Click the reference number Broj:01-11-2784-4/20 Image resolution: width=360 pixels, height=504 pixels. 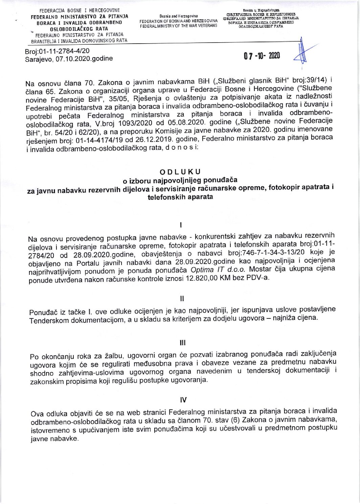click(57, 51)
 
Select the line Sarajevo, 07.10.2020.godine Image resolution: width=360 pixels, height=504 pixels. click(69, 58)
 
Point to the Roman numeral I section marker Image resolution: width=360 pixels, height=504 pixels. click(182, 224)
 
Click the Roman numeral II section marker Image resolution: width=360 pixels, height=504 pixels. click(182, 299)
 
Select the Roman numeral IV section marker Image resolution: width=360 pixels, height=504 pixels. click(183, 400)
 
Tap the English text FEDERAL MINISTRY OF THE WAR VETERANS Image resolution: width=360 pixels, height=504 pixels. click(178, 25)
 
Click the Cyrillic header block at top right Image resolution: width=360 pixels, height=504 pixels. click(260, 21)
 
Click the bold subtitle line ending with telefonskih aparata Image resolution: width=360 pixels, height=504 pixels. click(180, 197)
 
